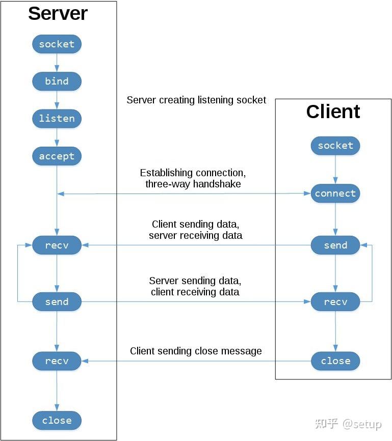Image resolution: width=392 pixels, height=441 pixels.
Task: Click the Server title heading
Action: click(58, 14)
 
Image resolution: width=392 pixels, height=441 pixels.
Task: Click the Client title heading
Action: click(333, 112)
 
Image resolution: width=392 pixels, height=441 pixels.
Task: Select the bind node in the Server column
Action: click(57, 81)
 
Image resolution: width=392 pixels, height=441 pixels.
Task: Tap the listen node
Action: click(57, 119)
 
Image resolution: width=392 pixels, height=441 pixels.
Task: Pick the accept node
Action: click(57, 156)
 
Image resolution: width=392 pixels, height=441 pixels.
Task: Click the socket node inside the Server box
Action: click(57, 44)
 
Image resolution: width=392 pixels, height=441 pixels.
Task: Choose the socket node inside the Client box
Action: click(335, 146)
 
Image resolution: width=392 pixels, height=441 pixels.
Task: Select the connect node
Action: click(335, 194)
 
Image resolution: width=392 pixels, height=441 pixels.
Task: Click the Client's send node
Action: click(335, 245)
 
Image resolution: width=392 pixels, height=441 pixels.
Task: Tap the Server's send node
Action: click(57, 301)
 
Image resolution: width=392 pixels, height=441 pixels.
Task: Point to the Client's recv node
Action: click(335, 301)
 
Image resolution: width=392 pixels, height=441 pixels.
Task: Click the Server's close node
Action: click(57, 421)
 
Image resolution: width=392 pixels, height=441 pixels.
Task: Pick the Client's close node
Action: click(335, 361)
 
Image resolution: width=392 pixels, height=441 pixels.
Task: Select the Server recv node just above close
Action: click(57, 361)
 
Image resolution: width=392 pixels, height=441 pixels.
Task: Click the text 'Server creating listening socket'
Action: click(196, 100)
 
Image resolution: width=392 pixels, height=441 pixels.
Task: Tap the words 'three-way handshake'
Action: click(193, 184)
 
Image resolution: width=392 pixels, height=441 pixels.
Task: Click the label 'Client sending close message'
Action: click(196, 351)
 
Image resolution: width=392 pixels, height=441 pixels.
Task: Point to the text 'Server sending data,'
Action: click(195, 281)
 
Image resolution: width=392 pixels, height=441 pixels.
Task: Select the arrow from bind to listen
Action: click(57, 100)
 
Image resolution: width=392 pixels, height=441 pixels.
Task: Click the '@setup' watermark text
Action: click(362, 424)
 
